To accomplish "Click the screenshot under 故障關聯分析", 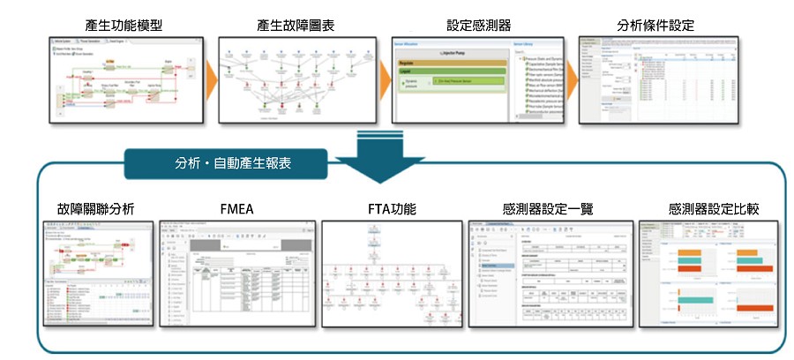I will click(x=95, y=274).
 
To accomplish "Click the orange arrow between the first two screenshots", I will click(x=210, y=81).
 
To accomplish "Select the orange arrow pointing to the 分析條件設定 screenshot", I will click(x=571, y=81).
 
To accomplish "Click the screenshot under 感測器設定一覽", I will click(x=549, y=274).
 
